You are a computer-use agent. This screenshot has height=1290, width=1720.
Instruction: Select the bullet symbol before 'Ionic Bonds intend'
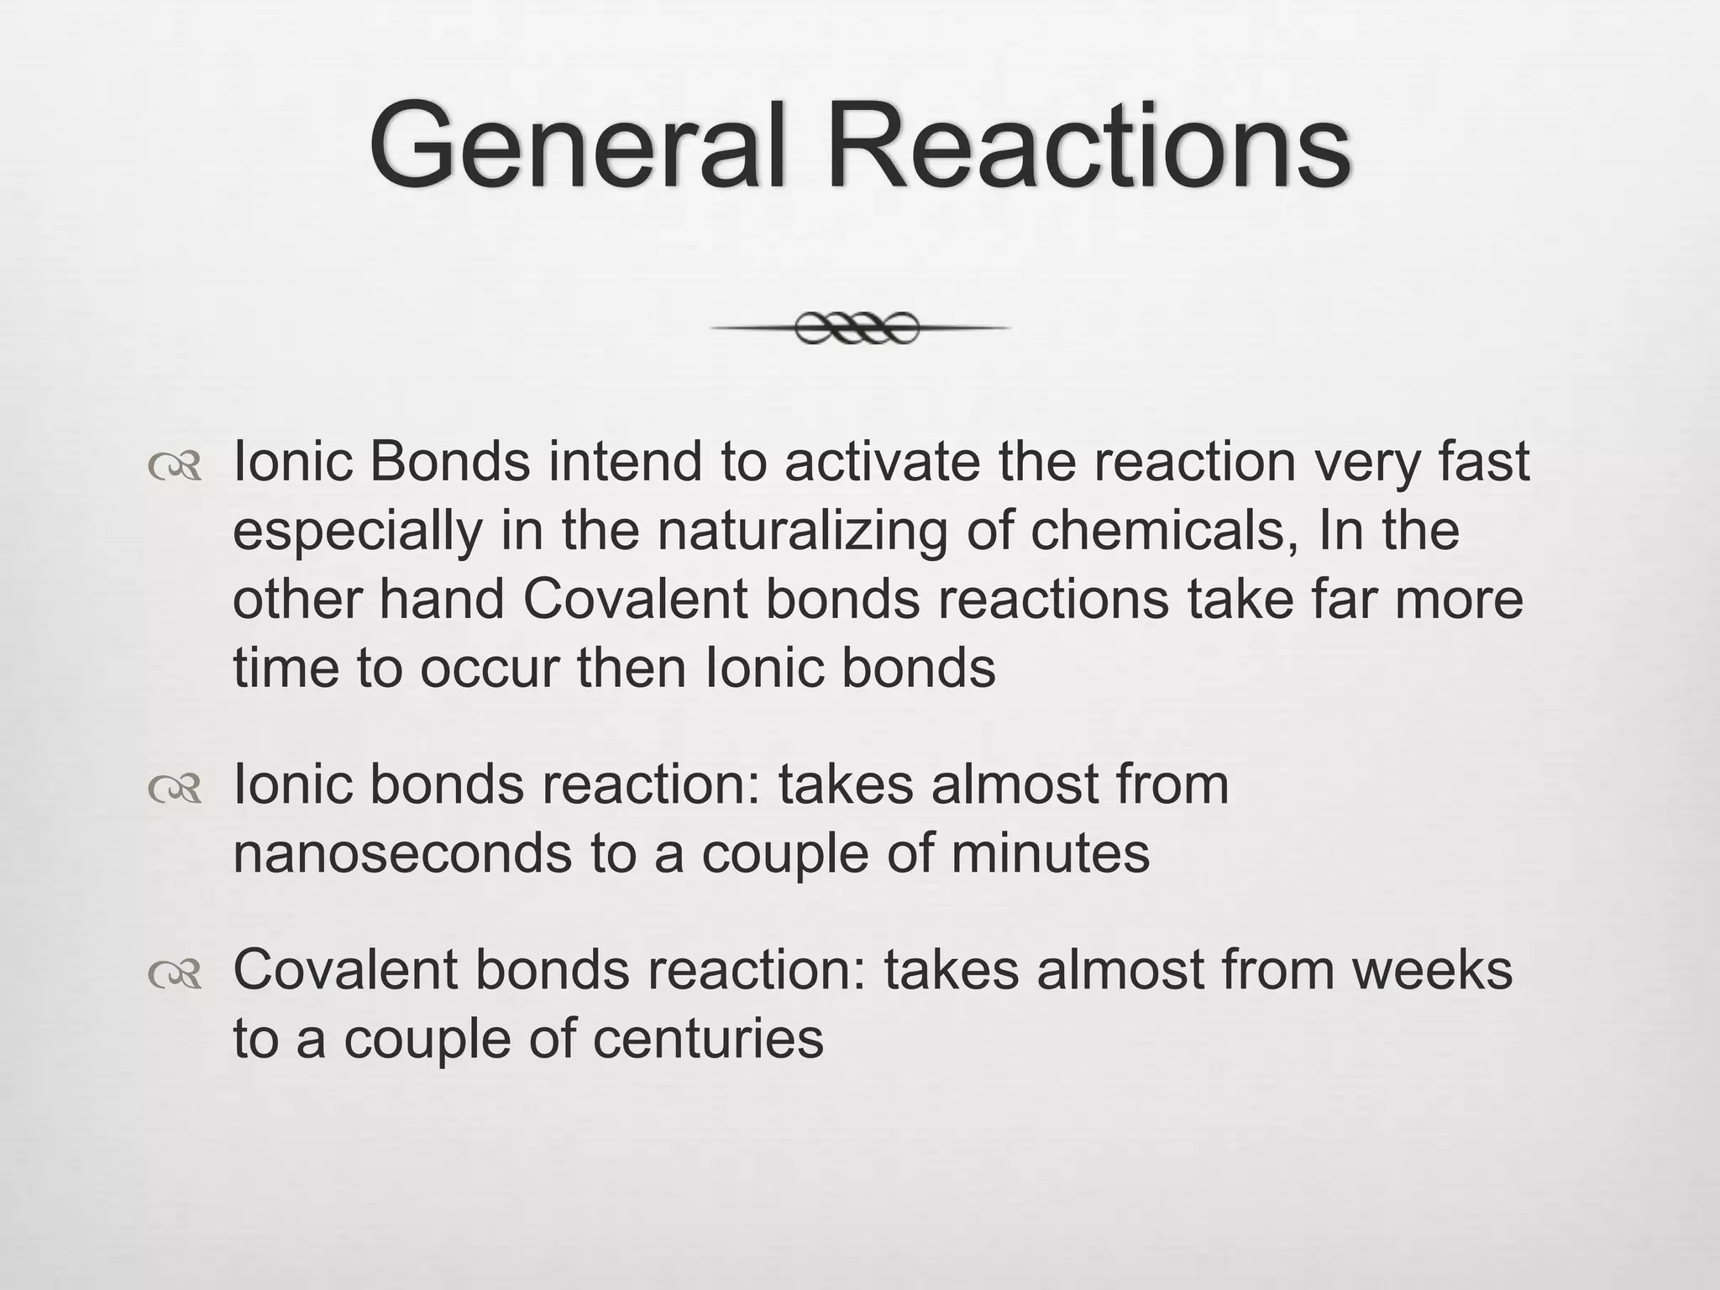175,467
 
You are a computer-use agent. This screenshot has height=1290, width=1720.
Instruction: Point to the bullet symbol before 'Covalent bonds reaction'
175,973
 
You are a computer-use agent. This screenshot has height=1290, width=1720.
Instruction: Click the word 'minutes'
1050,854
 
